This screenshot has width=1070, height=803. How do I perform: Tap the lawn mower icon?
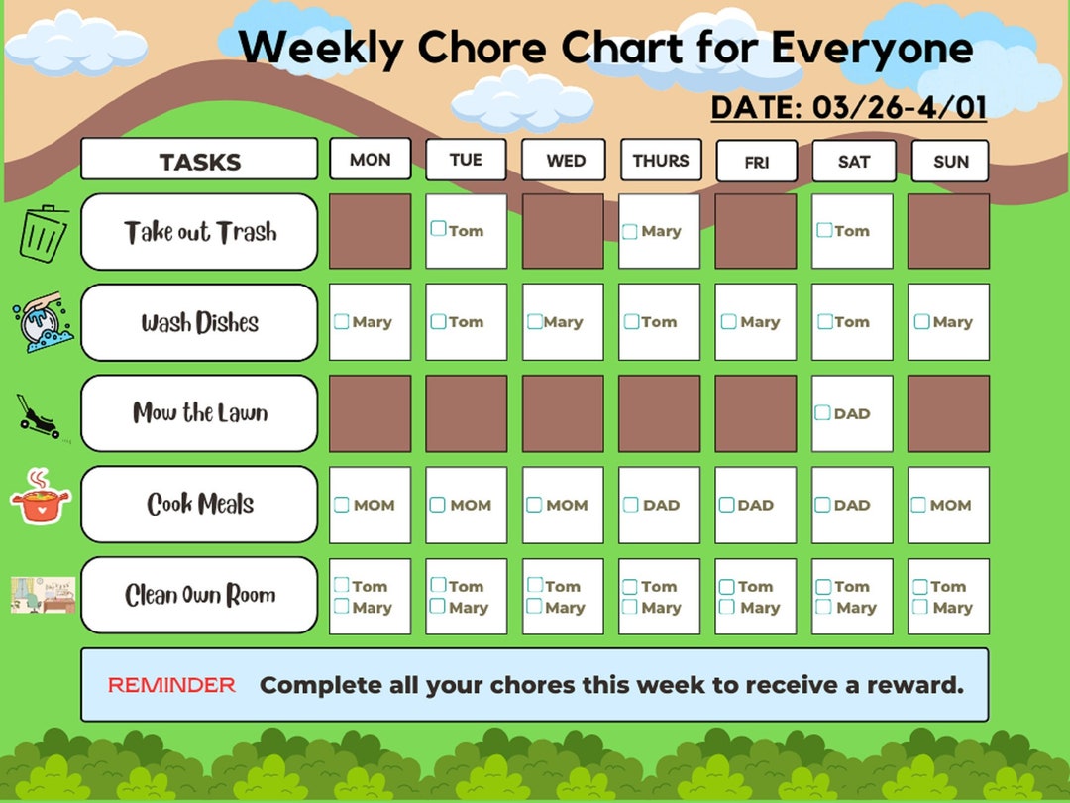41,414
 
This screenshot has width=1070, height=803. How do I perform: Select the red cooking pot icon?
41,498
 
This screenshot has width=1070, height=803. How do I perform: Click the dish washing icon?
39,321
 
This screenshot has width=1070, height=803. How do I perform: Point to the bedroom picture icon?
43,595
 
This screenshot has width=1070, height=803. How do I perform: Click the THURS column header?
661,160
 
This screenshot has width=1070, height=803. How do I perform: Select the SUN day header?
950,161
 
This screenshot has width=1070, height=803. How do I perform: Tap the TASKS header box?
199,161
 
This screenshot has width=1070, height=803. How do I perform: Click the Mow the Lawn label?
199,413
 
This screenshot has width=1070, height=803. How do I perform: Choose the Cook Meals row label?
199,504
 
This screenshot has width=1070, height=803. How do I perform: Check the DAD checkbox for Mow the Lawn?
822,413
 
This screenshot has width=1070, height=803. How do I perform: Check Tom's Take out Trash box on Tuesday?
438,229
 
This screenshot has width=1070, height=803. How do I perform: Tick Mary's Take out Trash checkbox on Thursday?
629,232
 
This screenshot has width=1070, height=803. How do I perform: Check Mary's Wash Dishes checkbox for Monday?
342,321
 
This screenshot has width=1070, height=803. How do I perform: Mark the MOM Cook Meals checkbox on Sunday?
918,505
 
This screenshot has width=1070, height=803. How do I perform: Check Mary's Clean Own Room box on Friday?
727,606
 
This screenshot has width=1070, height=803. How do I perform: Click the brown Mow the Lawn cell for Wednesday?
563,413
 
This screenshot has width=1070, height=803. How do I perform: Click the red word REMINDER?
171,685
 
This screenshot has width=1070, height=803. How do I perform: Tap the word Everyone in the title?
872,48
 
